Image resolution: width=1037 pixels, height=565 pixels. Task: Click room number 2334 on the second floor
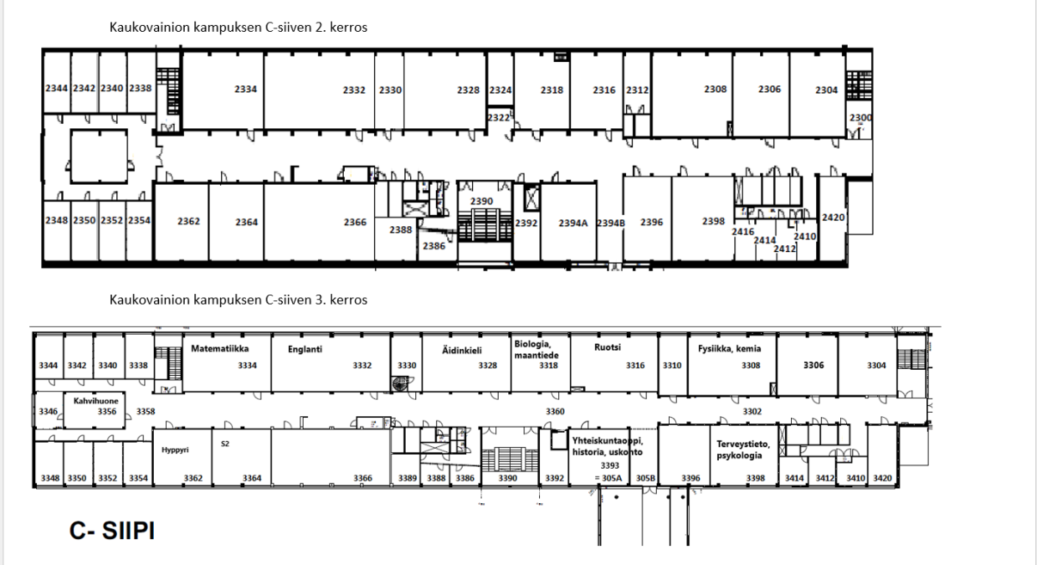point(245,89)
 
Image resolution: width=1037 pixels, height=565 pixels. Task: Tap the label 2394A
point(573,224)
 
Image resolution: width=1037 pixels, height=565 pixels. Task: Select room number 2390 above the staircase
point(482,201)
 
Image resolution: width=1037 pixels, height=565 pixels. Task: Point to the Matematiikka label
point(220,349)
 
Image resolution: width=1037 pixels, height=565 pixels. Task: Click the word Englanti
point(304,349)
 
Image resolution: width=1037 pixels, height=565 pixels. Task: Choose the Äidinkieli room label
point(462,350)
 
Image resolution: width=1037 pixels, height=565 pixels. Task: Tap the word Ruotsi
point(607,347)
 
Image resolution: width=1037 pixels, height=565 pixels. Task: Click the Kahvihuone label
point(95,401)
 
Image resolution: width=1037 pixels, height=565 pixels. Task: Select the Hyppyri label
point(175,450)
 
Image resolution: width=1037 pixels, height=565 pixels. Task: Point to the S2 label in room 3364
point(225,444)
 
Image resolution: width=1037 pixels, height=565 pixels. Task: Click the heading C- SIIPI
point(112,531)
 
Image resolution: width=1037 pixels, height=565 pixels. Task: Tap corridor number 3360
point(555,411)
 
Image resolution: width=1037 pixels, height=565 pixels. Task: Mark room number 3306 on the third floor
point(813,365)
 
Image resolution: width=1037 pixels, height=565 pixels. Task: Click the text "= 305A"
point(608,478)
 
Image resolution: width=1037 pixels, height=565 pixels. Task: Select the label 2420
point(833,218)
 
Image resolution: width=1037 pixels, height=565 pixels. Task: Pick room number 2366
point(355,222)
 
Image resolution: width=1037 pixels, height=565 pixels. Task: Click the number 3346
point(48,411)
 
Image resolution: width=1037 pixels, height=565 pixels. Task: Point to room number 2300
point(861,118)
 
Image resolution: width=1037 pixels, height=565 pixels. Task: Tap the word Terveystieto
point(743,444)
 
